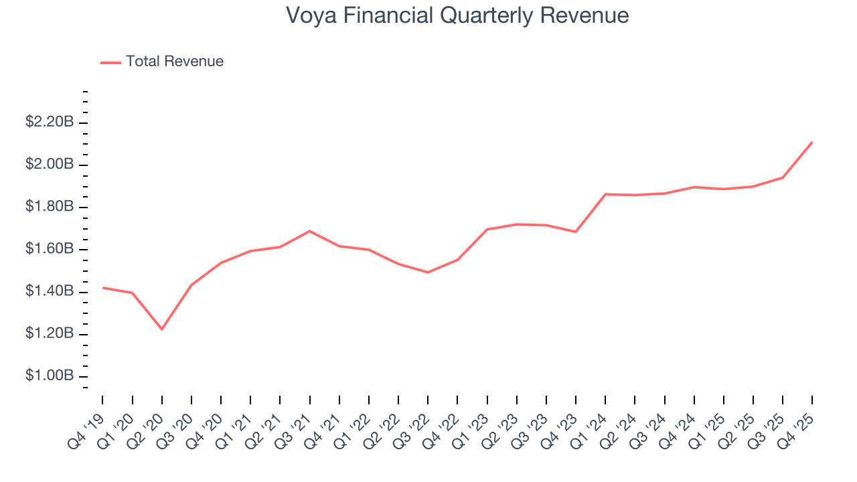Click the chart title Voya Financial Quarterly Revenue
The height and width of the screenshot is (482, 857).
click(457, 15)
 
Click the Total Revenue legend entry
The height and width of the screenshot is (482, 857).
click(174, 62)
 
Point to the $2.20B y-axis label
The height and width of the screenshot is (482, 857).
click(49, 123)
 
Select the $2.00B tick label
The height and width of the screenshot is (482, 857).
click(49, 165)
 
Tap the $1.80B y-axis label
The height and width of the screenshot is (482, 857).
click(49, 207)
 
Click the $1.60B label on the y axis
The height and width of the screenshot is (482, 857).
click(49, 249)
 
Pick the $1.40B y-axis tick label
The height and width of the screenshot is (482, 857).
click(49, 291)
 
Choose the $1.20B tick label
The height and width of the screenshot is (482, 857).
click(49, 333)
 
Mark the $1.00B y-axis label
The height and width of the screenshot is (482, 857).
click(49, 376)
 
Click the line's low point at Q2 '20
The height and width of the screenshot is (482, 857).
click(161, 329)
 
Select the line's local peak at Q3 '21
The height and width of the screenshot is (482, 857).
click(309, 231)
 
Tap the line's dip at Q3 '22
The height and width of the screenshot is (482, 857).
click(428, 272)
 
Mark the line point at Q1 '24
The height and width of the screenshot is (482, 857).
click(605, 194)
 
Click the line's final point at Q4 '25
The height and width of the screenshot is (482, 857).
click(812, 142)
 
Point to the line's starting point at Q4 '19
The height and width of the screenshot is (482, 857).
click(102, 287)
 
